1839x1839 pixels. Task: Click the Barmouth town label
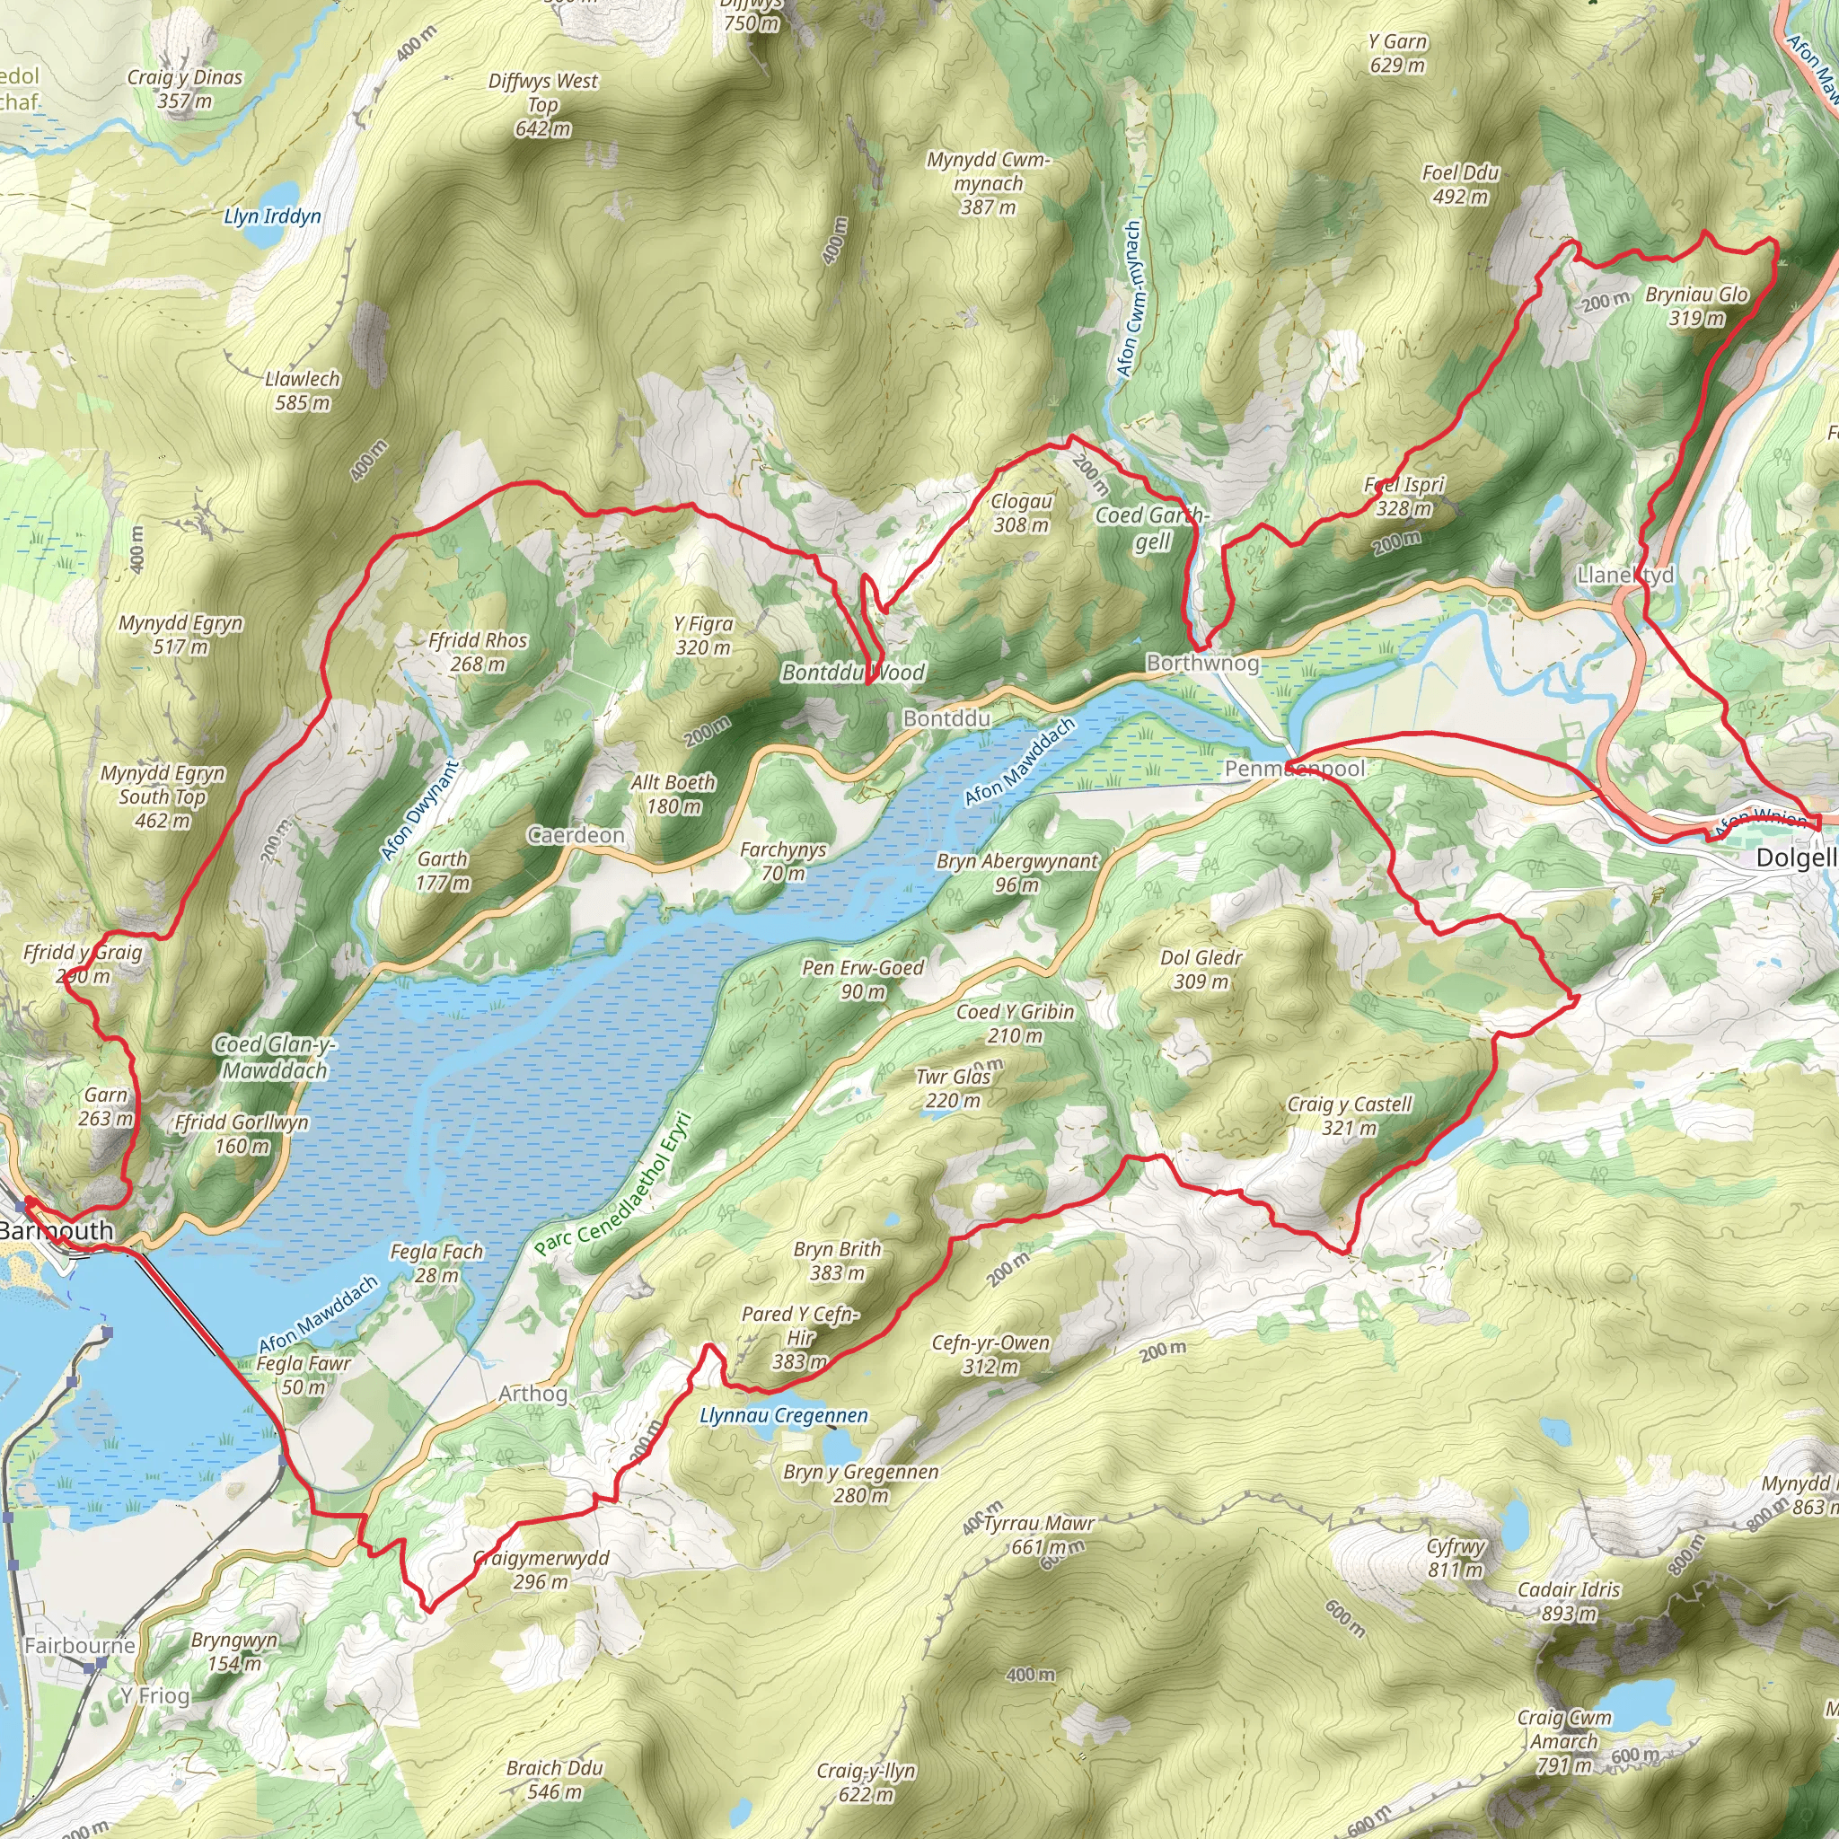[x=57, y=1231]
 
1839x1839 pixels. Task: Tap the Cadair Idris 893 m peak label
[x=1568, y=1602]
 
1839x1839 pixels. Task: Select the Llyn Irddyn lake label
[x=272, y=216]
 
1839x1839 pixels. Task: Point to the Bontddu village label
[x=946, y=718]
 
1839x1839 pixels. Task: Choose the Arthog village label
[x=533, y=1394]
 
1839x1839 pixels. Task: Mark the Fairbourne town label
[x=80, y=1646]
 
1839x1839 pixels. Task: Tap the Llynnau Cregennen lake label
[x=783, y=1415]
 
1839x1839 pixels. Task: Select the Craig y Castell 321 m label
[x=1350, y=1115]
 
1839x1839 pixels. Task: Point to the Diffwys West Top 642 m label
[x=542, y=104]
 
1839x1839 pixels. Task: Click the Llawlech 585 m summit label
[x=303, y=391]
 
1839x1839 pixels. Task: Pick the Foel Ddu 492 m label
[x=1460, y=185]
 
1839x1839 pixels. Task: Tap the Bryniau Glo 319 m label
[x=1696, y=305]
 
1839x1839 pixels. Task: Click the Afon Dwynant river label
[x=418, y=810]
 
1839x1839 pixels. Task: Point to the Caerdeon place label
[x=576, y=835]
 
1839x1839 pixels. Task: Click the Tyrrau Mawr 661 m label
[x=1039, y=1535]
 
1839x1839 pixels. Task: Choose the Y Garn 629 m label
[x=1397, y=53]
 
